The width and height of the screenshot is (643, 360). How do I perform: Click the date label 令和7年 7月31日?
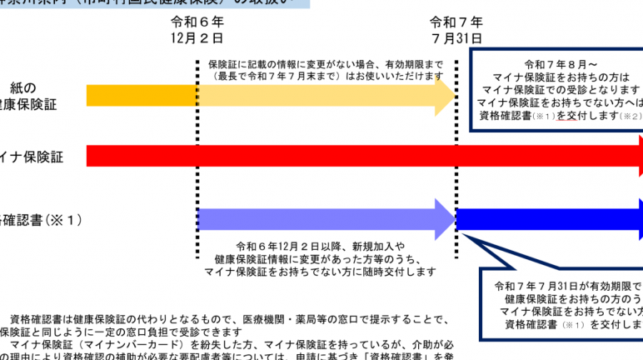point(456,30)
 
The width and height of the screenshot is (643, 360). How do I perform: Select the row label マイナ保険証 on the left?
point(38,156)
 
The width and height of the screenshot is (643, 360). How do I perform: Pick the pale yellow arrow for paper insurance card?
point(325,96)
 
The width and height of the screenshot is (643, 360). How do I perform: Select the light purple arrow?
point(325,219)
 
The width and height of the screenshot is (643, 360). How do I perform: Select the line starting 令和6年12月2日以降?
point(321,246)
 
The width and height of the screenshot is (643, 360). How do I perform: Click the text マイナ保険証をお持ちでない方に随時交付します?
point(321,272)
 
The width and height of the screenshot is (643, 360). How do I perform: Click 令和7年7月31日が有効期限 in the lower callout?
point(566,285)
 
